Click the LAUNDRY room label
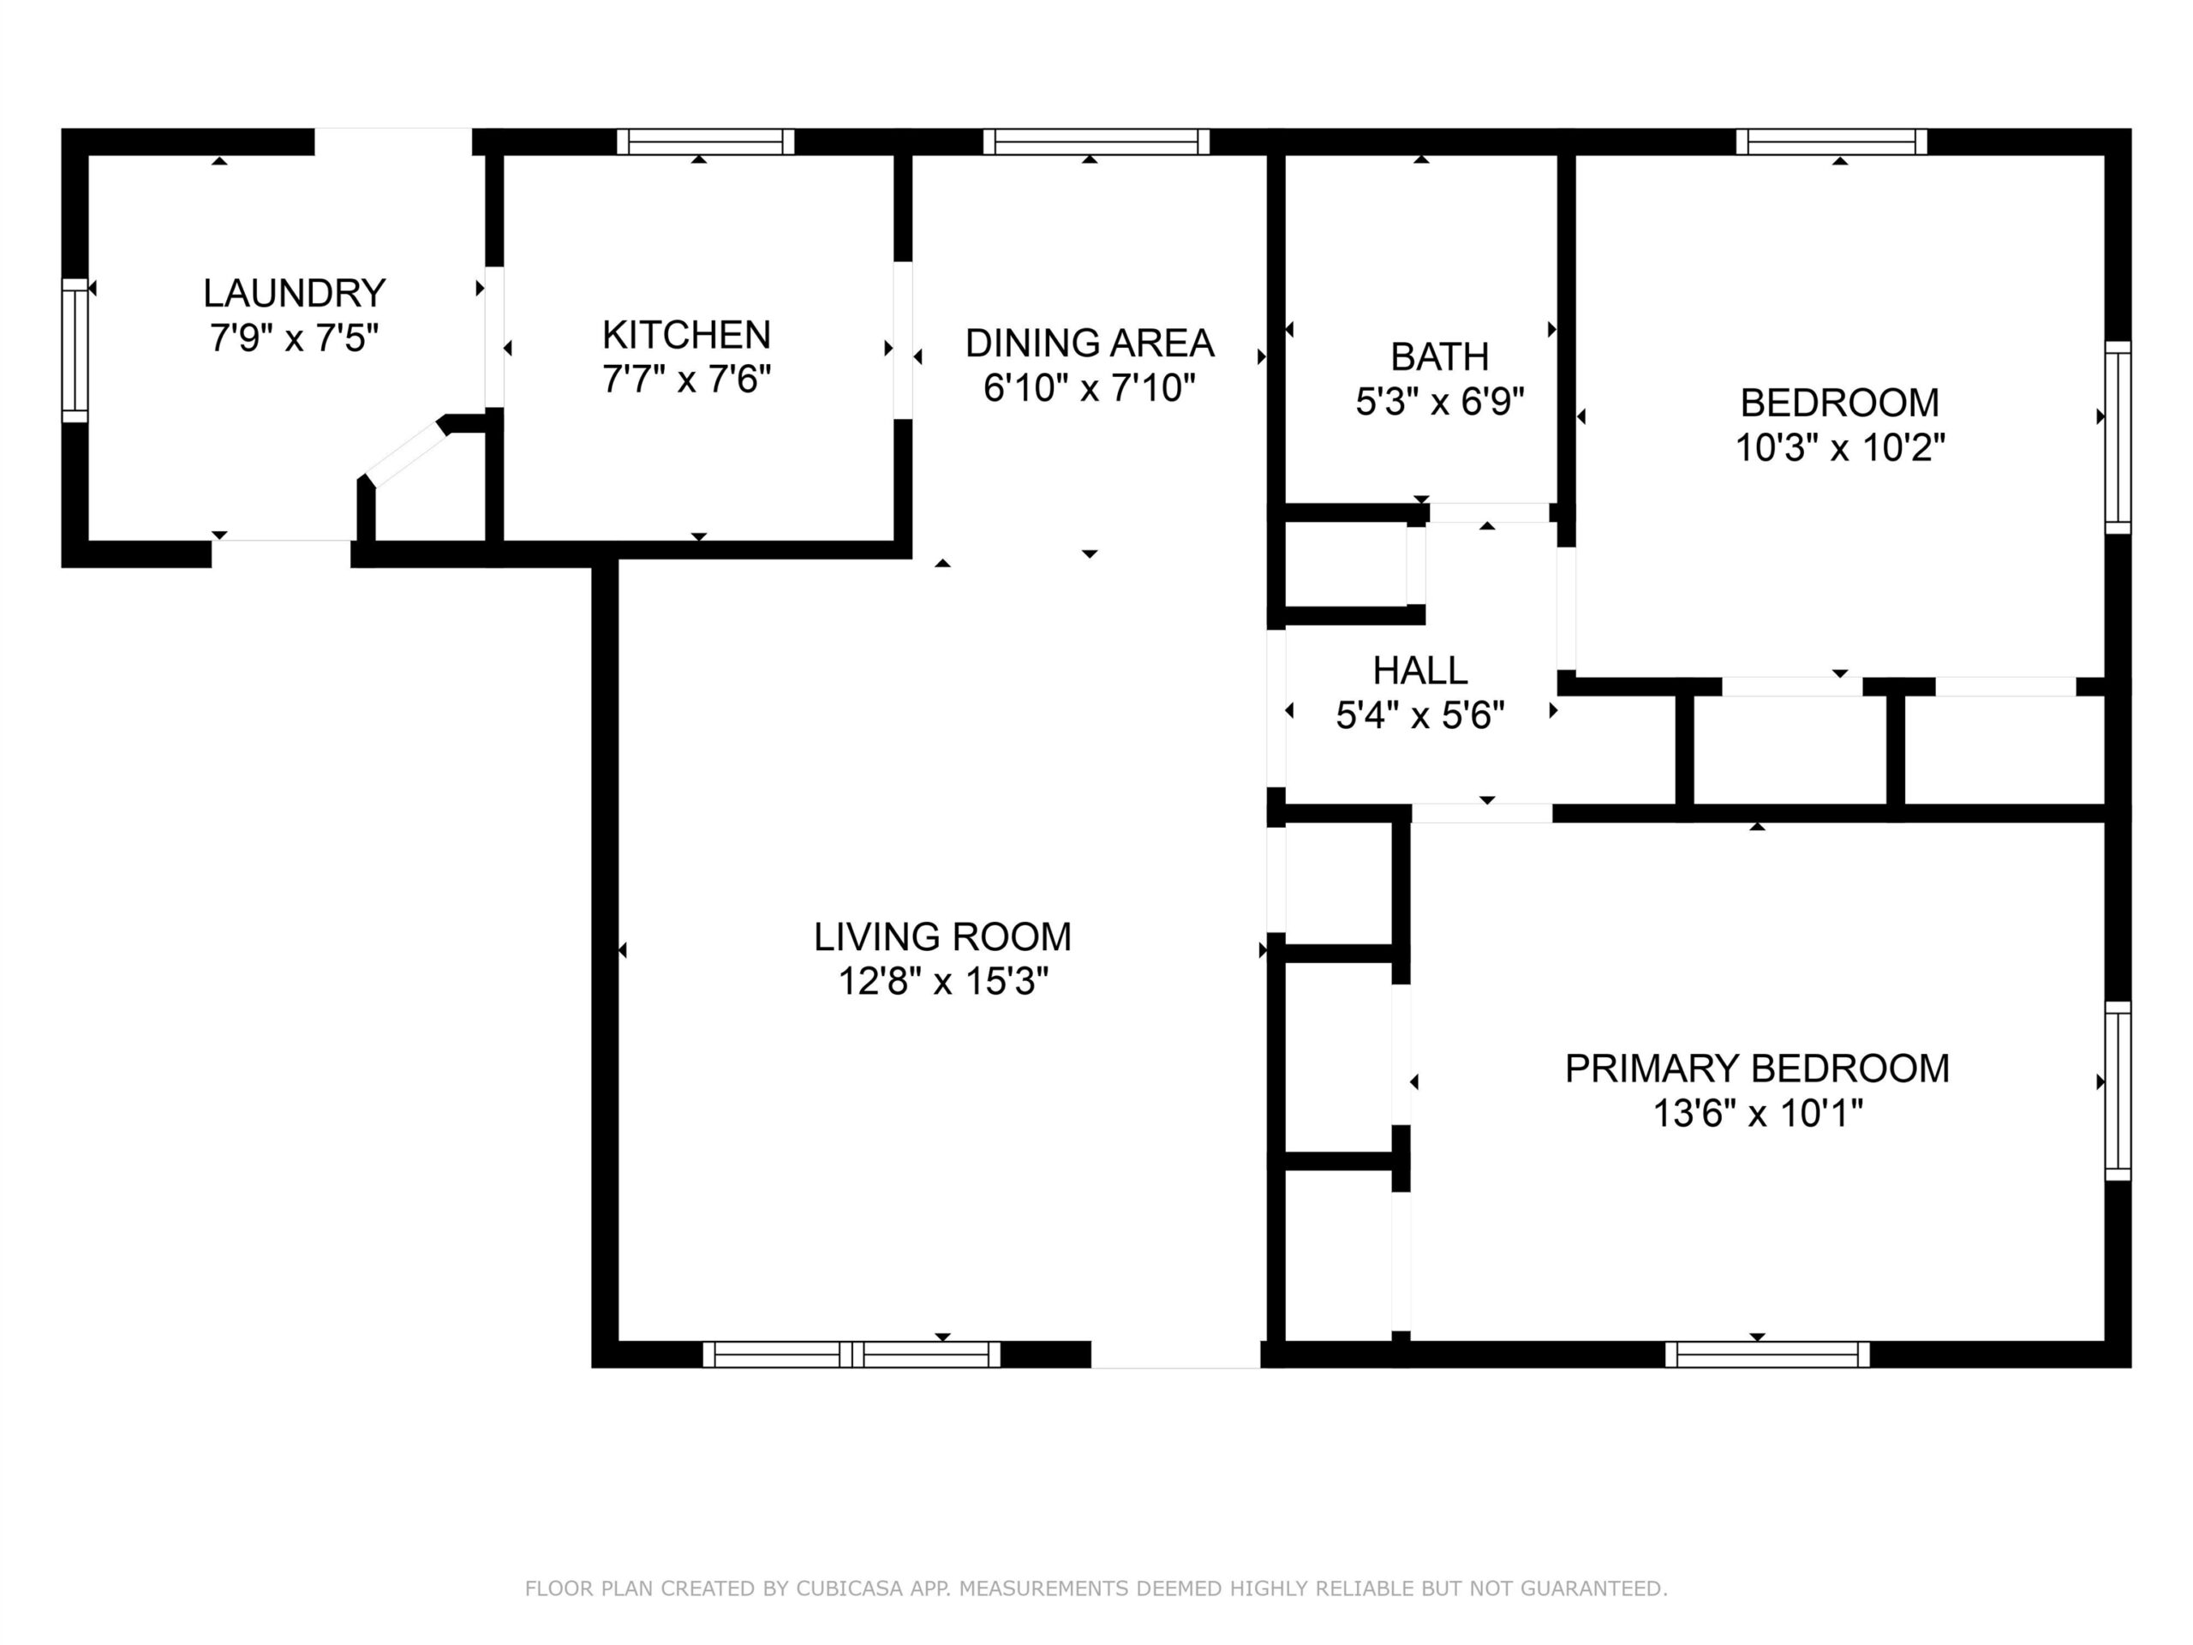click(x=295, y=294)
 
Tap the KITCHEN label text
click(x=686, y=335)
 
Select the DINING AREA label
click(x=1090, y=343)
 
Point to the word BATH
click(x=1439, y=356)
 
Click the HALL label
click(x=1419, y=672)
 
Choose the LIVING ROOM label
click(x=943, y=937)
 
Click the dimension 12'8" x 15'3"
click(x=943, y=982)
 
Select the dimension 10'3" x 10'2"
click(x=1840, y=448)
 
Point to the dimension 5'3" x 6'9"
click(x=1439, y=401)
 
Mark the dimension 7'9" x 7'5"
click(x=295, y=338)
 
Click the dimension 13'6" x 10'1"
click(x=1757, y=1114)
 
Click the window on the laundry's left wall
click(x=75, y=350)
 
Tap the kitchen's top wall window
click(x=706, y=141)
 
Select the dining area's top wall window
click(x=1096, y=141)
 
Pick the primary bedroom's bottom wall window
click(x=1766, y=1355)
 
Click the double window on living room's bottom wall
click(x=852, y=1355)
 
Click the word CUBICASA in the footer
click(x=850, y=1589)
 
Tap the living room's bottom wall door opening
click(x=1176, y=1355)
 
